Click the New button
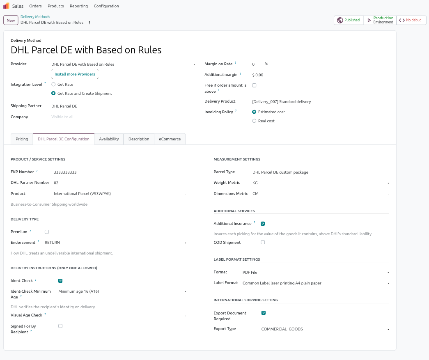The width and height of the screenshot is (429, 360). (11, 20)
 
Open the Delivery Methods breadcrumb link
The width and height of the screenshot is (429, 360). (35, 17)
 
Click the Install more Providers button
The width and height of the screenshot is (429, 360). (75, 74)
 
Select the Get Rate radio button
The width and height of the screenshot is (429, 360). (53, 85)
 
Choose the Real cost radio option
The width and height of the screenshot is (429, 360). (254, 121)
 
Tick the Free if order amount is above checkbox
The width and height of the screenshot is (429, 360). (254, 85)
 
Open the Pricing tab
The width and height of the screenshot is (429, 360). (22, 139)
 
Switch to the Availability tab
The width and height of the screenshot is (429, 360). (109, 139)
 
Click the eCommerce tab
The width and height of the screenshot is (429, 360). (170, 139)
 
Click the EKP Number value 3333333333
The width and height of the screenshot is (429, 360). (65, 172)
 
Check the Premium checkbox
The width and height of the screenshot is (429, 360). (47, 232)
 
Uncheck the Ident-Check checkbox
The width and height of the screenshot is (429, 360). (60, 281)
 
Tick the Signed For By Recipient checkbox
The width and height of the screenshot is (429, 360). (60, 326)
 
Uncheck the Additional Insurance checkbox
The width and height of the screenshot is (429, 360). (263, 224)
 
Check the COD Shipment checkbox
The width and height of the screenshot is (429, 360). (263, 242)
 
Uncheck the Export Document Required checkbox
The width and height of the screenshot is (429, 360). (264, 313)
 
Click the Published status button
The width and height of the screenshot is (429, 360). (349, 20)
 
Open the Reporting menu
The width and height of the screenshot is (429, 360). (79, 6)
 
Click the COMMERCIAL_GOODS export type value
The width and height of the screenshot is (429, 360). (282, 329)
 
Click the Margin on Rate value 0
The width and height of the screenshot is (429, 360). (253, 64)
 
